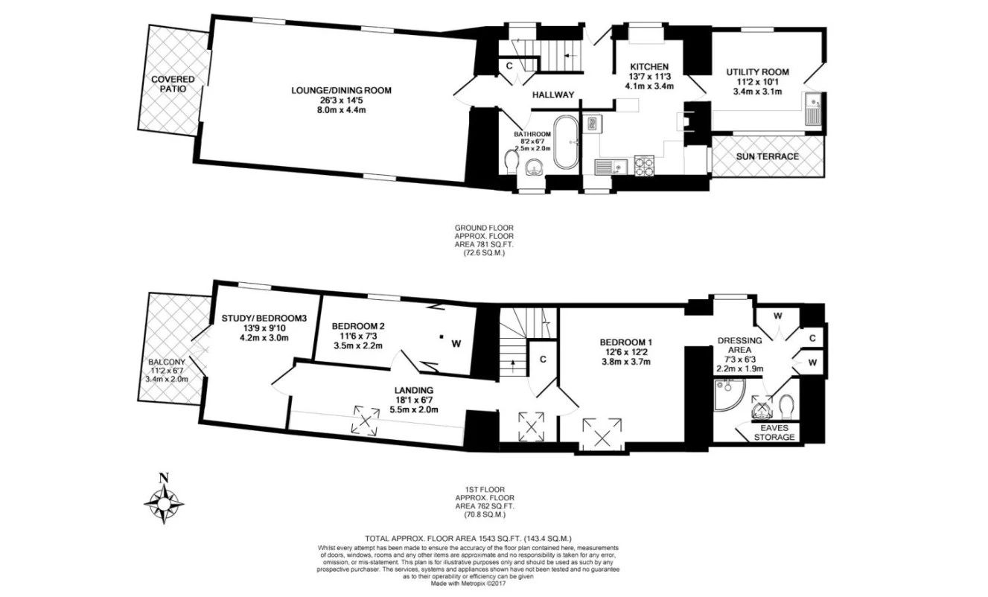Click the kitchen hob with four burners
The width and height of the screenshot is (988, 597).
click(x=643, y=166)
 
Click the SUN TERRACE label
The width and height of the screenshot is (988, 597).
click(x=767, y=157)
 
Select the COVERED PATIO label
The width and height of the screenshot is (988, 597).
click(x=173, y=84)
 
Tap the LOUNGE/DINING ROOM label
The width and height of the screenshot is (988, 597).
click(x=341, y=91)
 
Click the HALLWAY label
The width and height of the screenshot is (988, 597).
click(x=553, y=95)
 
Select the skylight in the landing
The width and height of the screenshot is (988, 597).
click(x=366, y=418)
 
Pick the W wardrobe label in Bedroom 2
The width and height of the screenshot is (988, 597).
click(x=456, y=343)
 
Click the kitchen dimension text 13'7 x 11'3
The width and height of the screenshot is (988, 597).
click(x=649, y=76)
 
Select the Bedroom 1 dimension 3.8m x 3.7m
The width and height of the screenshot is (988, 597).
click(x=625, y=363)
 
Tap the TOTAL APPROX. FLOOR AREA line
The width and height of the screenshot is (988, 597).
click(x=468, y=538)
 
